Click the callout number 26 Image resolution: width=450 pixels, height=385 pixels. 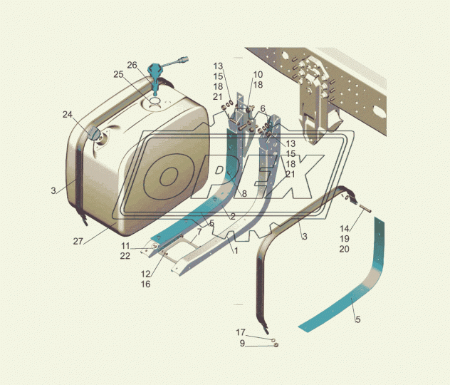click(132, 65)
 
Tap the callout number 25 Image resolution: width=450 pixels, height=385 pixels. click(118, 74)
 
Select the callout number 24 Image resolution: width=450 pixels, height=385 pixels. click(68, 115)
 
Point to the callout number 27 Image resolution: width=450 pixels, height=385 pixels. click(78, 242)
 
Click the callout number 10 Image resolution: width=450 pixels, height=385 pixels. click(258, 75)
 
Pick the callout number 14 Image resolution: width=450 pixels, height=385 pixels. click(345, 229)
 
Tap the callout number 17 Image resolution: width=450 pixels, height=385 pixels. click(241, 332)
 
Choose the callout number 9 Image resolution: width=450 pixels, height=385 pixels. click(243, 344)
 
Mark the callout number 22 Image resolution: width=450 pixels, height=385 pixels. click(125, 256)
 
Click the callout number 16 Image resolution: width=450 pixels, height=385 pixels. click(145, 284)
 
